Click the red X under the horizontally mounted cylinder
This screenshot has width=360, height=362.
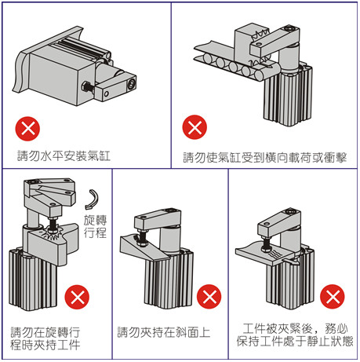point(27,129)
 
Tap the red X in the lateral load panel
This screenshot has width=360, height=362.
point(195,127)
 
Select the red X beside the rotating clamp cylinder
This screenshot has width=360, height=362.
point(77,297)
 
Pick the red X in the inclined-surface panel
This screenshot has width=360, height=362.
point(209,297)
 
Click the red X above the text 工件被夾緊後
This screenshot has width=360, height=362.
point(333,297)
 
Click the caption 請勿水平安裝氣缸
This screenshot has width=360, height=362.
point(64,155)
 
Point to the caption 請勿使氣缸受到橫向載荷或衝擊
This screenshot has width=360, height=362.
point(265,157)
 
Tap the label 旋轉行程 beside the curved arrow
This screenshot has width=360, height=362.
point(95,226)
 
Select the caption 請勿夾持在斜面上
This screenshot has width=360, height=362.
point(164,332)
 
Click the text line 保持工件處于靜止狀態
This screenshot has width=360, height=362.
point(295,341)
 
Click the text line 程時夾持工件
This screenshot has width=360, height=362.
point(45,345)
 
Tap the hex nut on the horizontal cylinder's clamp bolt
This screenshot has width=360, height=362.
point(85,86)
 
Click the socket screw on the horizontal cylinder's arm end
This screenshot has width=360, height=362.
point(130,84)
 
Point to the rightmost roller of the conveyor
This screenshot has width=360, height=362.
point(260,75)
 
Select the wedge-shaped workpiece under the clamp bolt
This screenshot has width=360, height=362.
point(145,249)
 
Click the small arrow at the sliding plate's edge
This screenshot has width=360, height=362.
point(291,261)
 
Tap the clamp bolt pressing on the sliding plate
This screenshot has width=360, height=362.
point(267,243)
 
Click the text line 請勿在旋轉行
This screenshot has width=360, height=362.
point(45,332)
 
